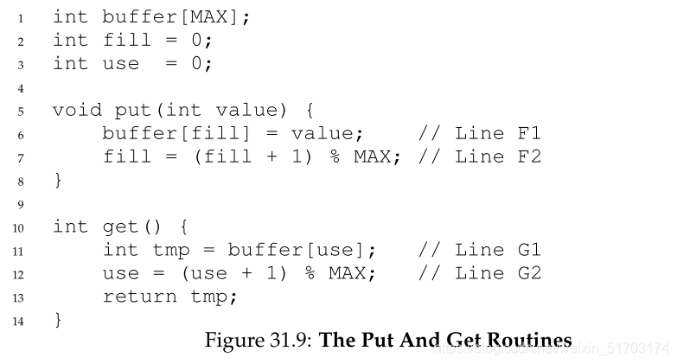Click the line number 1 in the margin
(22, 16)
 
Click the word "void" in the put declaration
(78, 110)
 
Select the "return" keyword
(140, 297)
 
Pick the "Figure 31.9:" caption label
(259, 340)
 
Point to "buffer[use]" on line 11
(303, 250)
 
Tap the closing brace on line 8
(58, 180)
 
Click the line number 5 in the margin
(22, 110)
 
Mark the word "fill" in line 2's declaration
(127, 40)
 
